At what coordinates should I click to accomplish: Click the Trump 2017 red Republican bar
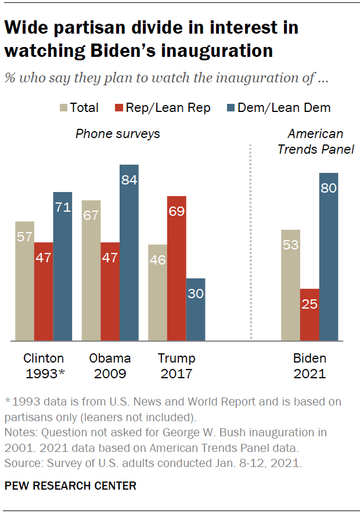176,268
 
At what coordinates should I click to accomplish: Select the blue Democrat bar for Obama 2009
129,252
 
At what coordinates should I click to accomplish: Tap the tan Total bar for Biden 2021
290,285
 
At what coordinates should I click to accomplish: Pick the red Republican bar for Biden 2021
309,314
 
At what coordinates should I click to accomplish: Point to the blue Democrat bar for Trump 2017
195,309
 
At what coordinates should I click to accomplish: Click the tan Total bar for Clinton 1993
24,281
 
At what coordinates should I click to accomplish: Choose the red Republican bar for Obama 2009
110,291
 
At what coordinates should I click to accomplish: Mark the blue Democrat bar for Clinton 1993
63,266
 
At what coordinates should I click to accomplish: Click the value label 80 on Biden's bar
329,189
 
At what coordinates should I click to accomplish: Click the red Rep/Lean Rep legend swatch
119,107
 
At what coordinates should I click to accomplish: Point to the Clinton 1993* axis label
44,365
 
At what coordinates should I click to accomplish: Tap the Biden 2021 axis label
309,365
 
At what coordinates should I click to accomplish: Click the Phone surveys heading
118,134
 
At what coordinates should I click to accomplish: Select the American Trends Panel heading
315,142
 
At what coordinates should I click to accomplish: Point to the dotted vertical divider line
251,244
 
